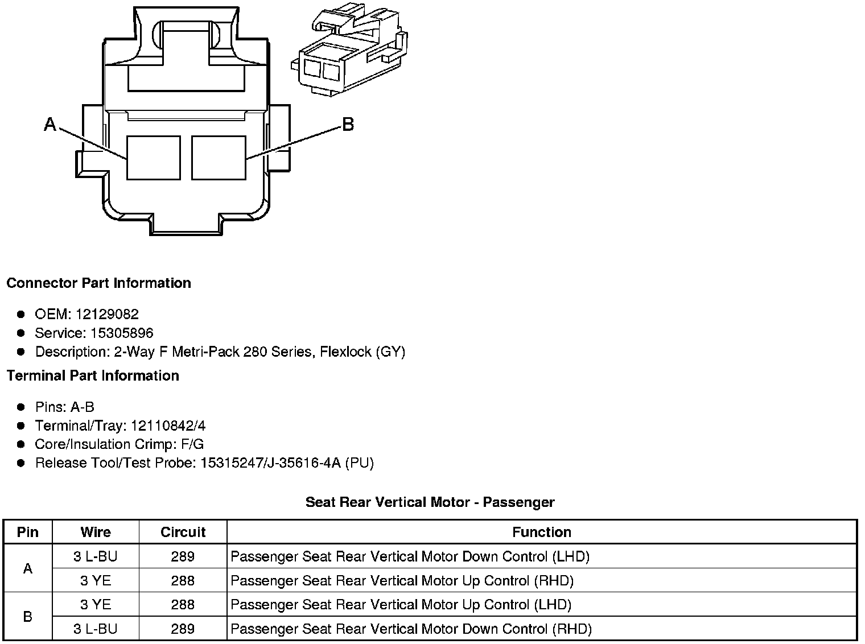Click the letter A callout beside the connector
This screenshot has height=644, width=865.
(50, 124)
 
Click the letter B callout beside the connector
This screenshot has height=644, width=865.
(348, 124)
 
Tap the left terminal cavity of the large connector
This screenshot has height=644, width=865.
(153, 158)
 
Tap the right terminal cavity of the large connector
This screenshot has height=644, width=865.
(219, 158)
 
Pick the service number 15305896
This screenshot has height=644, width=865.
(122, 333)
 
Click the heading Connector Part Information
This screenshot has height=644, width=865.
(98, 283)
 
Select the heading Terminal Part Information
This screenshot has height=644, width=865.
(93, 375)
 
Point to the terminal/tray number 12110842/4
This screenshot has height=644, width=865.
(168, 426)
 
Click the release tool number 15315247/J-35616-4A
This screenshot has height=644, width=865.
(270, 463)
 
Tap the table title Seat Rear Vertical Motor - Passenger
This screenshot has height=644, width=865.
(430, 502)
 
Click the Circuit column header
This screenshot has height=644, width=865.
(183, 532)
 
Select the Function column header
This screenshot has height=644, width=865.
(541, 532)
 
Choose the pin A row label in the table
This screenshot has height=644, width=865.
(27, 568)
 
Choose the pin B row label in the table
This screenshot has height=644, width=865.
(27, 617)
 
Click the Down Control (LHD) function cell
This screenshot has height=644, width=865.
(410, 556)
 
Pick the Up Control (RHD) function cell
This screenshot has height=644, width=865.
(402, 580)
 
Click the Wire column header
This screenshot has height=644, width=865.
(96, 532)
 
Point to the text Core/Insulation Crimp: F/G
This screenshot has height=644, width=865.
(119, 444)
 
